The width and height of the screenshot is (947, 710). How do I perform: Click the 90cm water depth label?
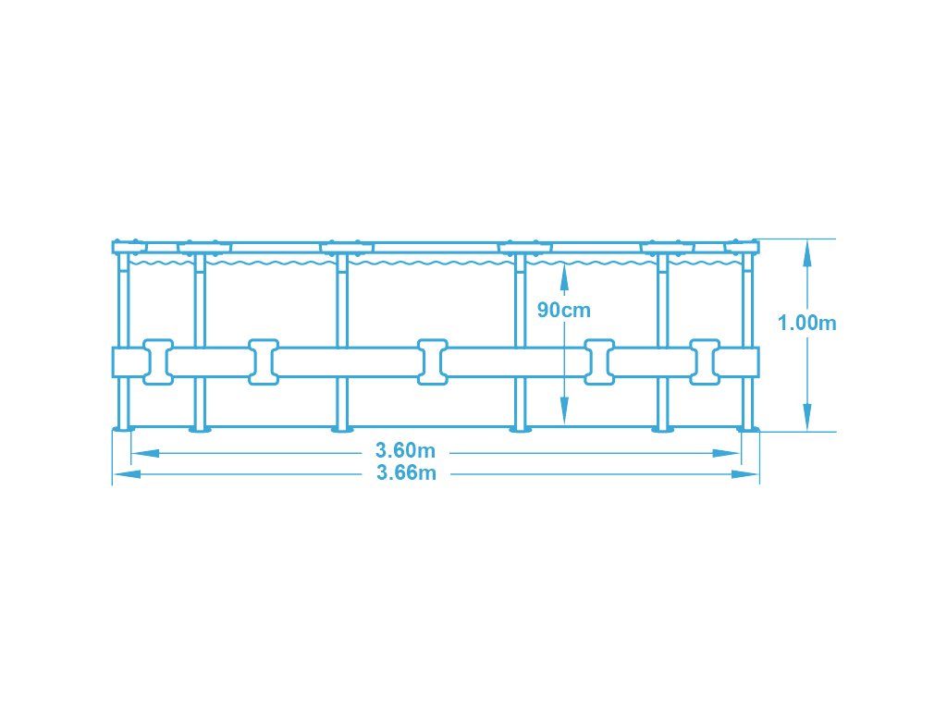pos(563,311)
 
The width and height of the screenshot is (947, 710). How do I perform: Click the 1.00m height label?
pos(807,323)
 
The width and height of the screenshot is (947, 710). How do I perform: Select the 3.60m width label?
pos(405,451)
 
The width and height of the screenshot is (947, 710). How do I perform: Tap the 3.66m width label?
pos(405,473)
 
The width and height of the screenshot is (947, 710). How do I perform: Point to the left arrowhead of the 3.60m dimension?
pos(141,453)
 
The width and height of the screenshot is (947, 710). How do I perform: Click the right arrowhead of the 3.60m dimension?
pos(730,453)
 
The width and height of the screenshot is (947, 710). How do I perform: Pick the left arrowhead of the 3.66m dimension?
pos(123,474)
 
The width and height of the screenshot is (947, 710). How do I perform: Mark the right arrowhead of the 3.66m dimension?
pos(748,474)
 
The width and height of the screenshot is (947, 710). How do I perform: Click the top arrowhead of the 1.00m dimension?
pos(807,251)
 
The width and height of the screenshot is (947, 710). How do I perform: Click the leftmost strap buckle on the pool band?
pos(157,361)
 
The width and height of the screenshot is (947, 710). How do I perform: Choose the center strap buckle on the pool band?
pos(432,361)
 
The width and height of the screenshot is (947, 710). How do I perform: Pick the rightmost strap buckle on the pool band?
pos(705,361)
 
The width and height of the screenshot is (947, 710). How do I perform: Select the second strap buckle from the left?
pos(263,361)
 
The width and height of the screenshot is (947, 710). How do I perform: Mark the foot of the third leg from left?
pos(342,428)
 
